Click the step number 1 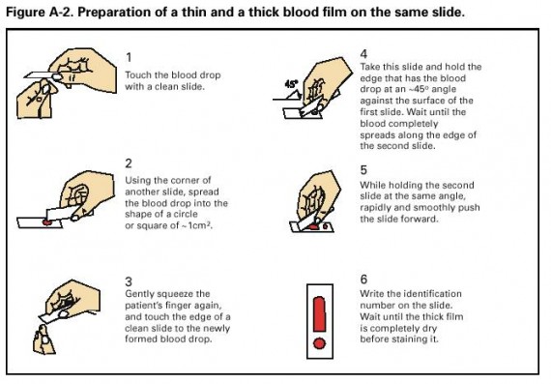(129, 57)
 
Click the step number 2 (129, 163)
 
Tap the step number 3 (129, 281)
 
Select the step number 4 (363, 54)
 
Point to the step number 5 (363, 170)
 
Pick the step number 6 (363, 280)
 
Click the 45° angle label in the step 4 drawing (291, 84)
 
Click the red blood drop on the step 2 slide (47, 222)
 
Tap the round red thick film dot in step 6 (319, 343)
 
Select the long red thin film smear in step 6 (319, 313)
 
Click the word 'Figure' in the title (27, 13)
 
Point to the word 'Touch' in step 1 (138, 75)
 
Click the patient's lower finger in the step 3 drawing (43, 340)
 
